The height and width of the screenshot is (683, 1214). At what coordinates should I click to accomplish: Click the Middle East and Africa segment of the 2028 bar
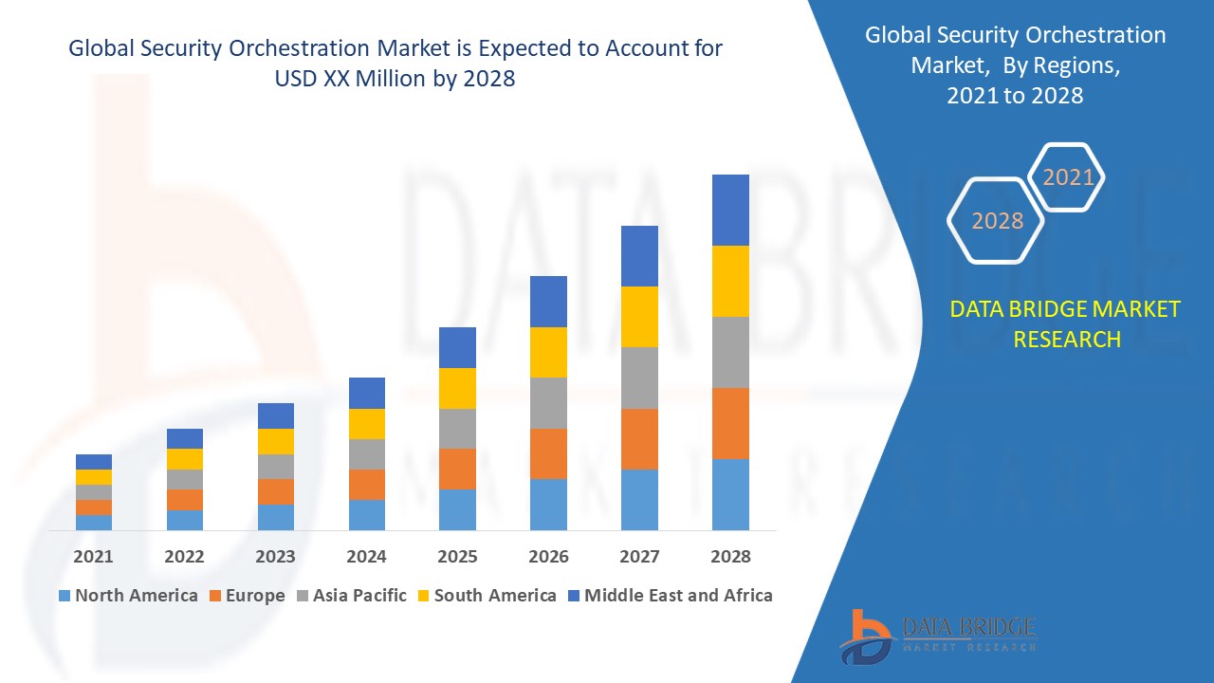pos(730,210)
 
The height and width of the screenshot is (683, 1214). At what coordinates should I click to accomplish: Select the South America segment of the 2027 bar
pos(639,316)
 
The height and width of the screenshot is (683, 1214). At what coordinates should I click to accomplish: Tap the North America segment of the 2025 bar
pos(457,509)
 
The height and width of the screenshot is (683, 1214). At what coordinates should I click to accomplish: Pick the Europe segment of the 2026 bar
pos(548,453)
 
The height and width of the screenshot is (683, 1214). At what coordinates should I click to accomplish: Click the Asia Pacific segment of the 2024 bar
pos(366,453)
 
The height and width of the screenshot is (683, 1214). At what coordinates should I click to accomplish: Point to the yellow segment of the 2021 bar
pos(94,476)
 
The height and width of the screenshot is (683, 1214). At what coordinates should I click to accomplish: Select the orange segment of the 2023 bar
pos(275,491)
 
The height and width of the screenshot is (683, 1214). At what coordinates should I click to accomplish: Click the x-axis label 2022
pos(184,557)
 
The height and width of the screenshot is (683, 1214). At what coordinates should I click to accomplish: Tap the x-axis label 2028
pos(730,557)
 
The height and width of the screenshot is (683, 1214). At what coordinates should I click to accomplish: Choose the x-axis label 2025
pos(457,557)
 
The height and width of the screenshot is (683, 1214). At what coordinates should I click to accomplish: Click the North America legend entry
pos(128,596)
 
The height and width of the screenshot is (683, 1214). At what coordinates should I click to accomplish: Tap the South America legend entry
pos(485,596)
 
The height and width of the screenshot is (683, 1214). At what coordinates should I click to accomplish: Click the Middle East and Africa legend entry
pos(669,596)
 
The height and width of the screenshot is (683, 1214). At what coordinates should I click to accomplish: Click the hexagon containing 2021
pos(1068,177)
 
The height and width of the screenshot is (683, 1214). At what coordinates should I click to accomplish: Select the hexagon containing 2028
pos(997,221)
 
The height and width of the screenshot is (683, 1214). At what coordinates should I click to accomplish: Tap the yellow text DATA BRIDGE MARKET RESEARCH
pos(1066,323)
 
